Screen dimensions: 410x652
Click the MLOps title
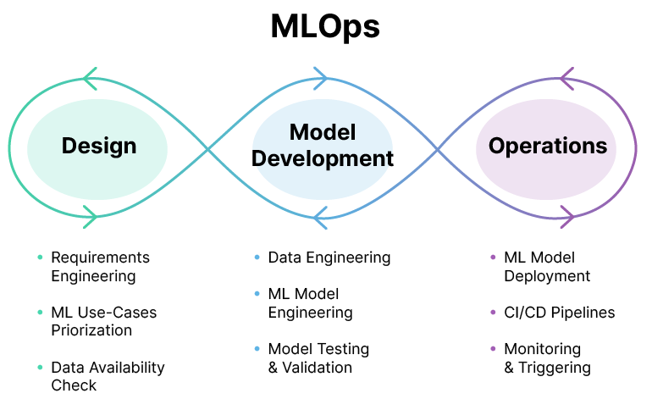point(325,27)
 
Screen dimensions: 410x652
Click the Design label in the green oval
point(99,146)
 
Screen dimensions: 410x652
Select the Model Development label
point(323,145)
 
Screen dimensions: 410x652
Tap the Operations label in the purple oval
point(548,146)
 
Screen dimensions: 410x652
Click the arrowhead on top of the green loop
point(91,79)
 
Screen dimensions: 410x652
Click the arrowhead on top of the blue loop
point(320,79)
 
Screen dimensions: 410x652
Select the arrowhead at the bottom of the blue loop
point(320,217)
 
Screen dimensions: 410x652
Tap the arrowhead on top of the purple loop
point(566,79)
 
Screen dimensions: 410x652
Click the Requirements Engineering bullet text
point(100,266)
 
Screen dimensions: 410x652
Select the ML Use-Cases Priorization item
point(103,321)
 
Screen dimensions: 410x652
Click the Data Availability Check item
point(108,376)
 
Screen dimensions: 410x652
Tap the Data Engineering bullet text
point(329,258)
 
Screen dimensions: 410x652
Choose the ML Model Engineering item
point(310,303)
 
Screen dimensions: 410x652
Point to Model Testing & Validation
point(318,357)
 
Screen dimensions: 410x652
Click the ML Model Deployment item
point(546,266)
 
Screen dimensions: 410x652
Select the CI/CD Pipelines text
point(559,313)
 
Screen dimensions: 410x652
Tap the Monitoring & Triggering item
point(547,357)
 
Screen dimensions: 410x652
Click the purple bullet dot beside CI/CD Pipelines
point(494,313)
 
